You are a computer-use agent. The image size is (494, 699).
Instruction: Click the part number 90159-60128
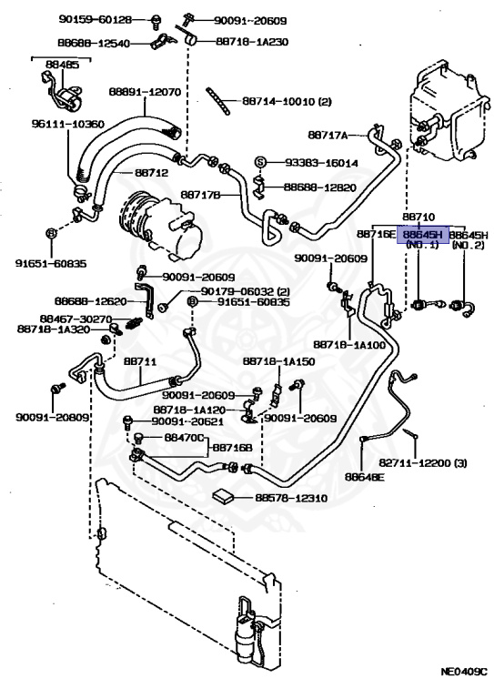[96, 19]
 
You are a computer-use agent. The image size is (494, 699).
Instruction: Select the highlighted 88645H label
[422, 234]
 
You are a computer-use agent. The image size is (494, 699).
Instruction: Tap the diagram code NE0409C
[464, 684]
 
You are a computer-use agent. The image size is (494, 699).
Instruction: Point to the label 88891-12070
[145, 92]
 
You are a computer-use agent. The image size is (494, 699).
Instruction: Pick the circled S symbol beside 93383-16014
[261, 162]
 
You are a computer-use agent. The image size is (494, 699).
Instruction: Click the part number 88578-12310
[291, 498]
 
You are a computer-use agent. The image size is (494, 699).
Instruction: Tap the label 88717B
[200, 195]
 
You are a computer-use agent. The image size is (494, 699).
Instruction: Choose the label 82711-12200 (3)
[423, 462]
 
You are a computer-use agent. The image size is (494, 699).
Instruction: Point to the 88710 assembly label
[418, 218]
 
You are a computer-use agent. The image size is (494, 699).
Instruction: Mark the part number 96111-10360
[67, 124]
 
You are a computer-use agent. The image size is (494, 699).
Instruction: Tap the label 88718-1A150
[279, 360]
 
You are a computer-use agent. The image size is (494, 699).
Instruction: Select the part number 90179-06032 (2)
[246, 291]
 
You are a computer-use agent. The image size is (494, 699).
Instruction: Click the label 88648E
[365, 477]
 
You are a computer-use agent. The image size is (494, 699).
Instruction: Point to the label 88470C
[184, 437]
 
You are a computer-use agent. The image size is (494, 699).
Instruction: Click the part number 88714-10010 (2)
[287, 101]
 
